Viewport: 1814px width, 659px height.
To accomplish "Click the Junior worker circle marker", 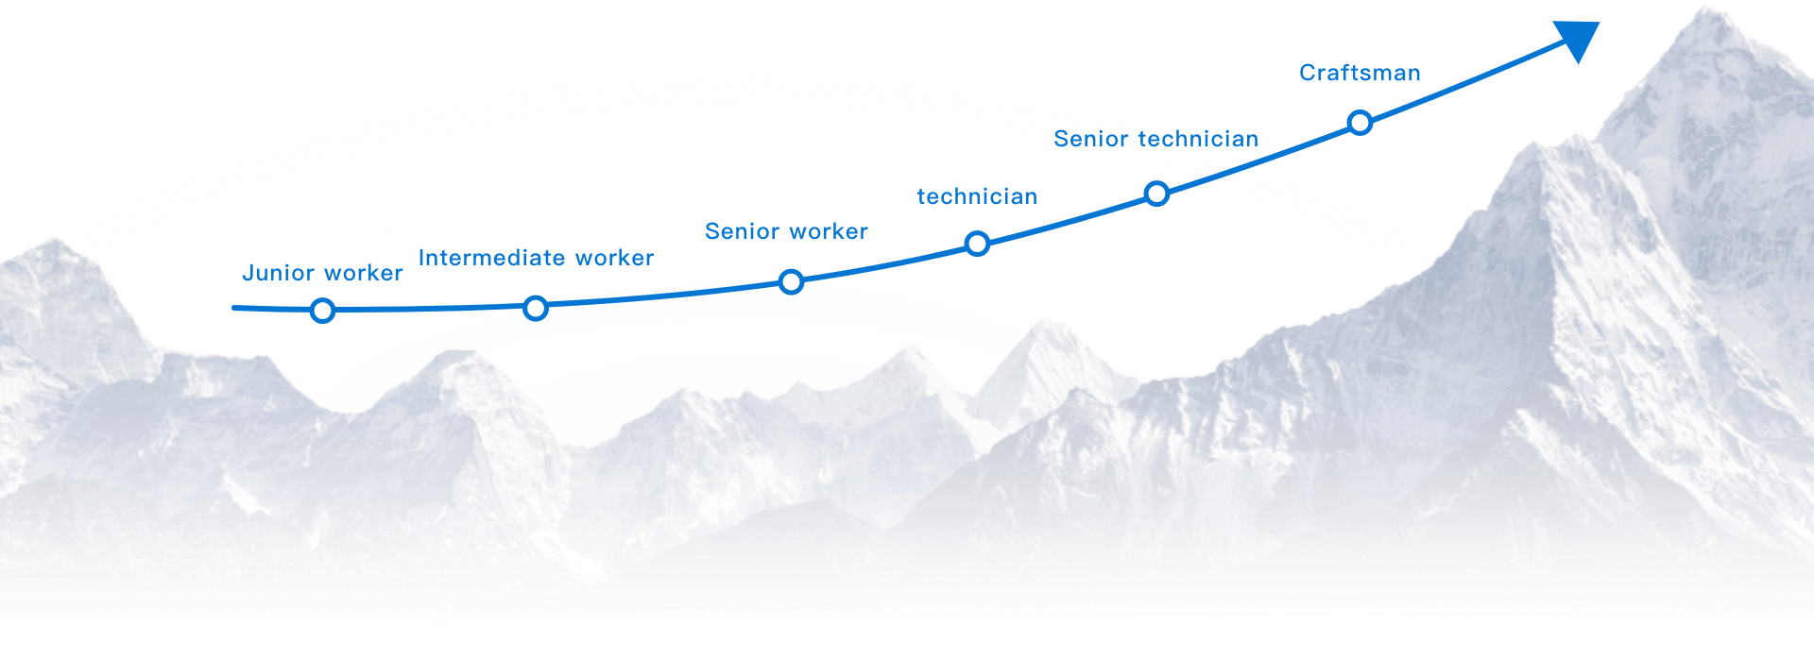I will [323, 311].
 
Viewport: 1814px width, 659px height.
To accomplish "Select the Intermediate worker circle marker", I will [536, 308].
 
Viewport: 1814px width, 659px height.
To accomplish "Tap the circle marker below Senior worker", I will [792, 281].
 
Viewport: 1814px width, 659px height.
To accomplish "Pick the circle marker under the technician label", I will [978, 244].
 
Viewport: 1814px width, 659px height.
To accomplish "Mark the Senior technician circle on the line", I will [1157, 194].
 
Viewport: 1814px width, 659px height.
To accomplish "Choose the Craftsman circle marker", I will [1360, 123].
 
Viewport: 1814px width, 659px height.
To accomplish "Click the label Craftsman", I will [1360, 73].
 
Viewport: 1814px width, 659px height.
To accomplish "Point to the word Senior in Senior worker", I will [742, 231].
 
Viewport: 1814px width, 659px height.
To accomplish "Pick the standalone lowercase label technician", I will [977, 196].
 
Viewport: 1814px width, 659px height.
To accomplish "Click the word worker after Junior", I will [363, 274].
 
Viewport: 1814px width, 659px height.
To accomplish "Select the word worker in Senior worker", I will [829, 232].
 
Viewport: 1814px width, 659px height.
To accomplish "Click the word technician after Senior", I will [1198, 139].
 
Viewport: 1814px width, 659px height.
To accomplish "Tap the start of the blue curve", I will [235, 308].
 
